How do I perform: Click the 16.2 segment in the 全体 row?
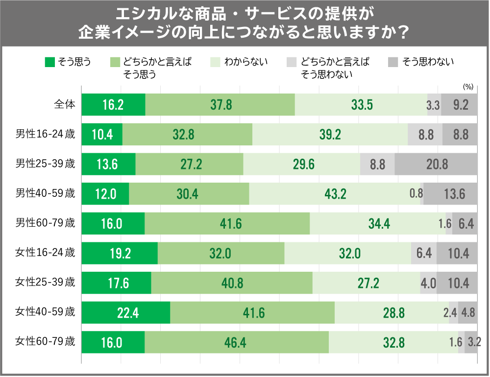[113, 105]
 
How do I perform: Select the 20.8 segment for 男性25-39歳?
[436, 164]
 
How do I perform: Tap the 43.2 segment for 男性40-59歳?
[335, 194]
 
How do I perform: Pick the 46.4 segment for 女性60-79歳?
[237, 342]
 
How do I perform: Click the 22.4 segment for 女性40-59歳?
[125, 312]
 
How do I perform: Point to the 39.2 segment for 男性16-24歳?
[330, 135]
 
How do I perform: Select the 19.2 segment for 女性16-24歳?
[120, 253]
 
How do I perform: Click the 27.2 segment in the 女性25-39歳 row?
[366, 283]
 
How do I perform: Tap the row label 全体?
[65, 104]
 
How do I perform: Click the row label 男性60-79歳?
[45, 223]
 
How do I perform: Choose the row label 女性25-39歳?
[45, 282]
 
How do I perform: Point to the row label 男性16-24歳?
[45, 134]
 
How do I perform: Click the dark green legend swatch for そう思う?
[49, 62]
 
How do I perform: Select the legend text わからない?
[246, 62]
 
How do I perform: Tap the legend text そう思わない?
[428, 62]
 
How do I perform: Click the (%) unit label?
[468, 87]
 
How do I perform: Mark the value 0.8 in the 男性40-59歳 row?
[416, 194]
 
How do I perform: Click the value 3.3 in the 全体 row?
[433, 105]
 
